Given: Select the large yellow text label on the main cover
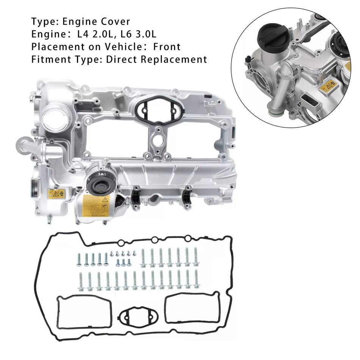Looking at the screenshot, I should [96, 206].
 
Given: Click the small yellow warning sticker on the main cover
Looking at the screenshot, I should [56, 193].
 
